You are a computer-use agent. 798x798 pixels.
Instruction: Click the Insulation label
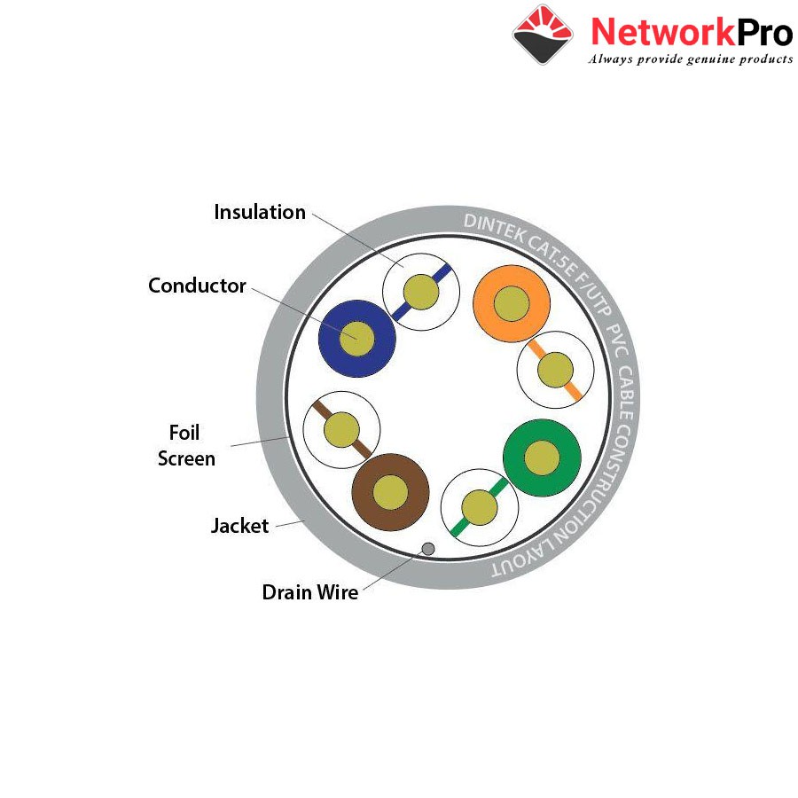(x=260, y=212)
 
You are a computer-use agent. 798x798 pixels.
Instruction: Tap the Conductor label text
(x=197, y=286)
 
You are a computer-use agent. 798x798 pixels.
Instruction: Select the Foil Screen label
(x=186, y=445)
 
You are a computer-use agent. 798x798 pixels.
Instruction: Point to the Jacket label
(x=239, y=526)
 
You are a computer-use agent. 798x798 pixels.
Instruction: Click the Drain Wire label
(x=310, y=592)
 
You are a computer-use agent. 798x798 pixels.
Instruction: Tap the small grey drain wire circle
(x=428, y=549)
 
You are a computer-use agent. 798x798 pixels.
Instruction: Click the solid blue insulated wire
(x=356, y=339)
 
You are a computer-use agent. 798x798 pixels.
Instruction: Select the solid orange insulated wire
(x=512, y=304)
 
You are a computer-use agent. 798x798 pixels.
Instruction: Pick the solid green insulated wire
(x=542, y=458)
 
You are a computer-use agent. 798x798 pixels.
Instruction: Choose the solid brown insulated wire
(x=390, y=492)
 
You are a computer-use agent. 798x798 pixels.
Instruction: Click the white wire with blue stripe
(x=421, y=292)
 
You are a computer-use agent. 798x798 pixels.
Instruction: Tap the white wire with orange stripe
(x=555, y=370)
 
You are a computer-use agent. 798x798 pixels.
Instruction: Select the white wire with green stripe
(x=480, y=507)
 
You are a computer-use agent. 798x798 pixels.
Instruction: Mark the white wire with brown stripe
(x=341, y=429)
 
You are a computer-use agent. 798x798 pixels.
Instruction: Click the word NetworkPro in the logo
(x=692, y=32)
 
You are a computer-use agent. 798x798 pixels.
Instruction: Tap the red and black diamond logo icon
(x=543, y=35)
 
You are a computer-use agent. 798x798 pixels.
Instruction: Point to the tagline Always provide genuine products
(x=691, y=59)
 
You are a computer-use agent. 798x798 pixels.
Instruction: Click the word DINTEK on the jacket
(x=494, y=228)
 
